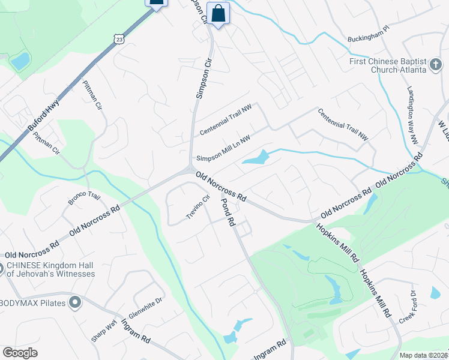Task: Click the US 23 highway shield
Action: click(x=120, y=39)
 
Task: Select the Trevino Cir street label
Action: click(x=199, y=207)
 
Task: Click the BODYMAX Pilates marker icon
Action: click(x=75, y=302)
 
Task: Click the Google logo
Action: click(x=20, y=353)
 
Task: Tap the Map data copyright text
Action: click(x=423, y=355)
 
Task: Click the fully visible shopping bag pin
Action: click(x=218, y=13)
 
